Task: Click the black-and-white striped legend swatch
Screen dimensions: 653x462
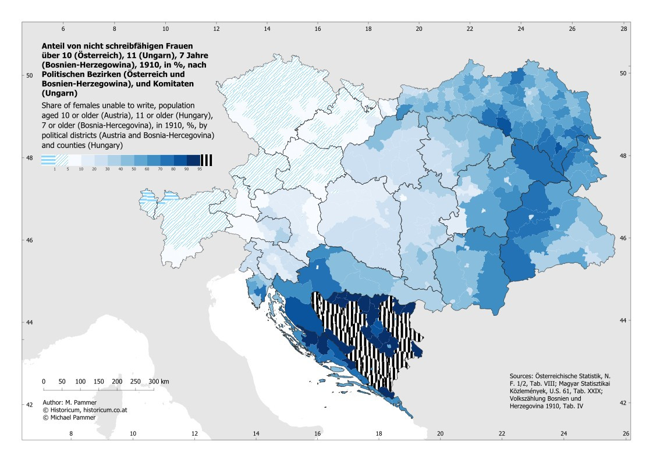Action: [207, 160]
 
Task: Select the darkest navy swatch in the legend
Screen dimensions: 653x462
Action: [194, 160]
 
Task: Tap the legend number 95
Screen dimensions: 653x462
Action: [200, 170]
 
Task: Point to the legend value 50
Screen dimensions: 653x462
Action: [134, 170]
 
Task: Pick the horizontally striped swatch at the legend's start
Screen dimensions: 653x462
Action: [48, 160]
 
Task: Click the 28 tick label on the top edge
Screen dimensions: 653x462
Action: [623, 29]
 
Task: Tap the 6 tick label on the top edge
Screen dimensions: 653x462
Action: [63, 29]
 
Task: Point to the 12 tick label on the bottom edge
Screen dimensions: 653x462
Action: [194, 433]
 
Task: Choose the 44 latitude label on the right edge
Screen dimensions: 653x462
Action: [623, 320]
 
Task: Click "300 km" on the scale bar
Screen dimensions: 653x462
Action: [159, 382]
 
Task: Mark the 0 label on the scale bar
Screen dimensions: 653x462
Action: [44, 382]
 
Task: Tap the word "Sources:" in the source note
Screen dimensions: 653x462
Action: [521, 376]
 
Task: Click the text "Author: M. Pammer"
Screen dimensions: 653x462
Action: [69, 403]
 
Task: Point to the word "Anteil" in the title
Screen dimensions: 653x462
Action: [52, 46]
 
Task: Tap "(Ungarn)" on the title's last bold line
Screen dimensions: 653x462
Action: [59, 93]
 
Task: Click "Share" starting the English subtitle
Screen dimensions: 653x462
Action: [51, 105]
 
